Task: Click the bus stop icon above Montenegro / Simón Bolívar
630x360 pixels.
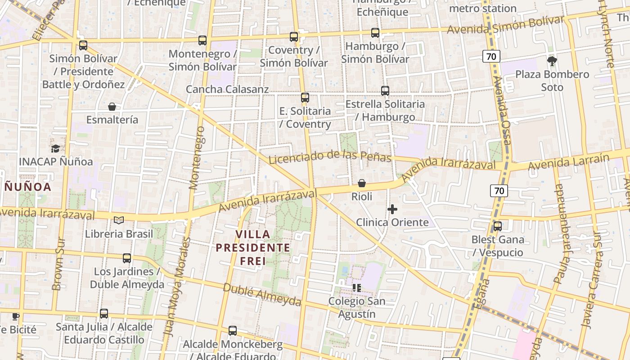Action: click(x=202, y=40)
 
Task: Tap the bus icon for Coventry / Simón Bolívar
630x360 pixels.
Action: click(x=294, y=37)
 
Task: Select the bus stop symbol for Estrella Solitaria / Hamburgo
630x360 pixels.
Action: click(x=385, y=91)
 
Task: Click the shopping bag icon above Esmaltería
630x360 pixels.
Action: click(x=112, y=107)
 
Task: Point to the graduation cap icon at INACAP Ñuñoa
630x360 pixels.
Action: click(x=56, y=148)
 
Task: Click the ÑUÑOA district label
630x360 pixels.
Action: click(x=28, y=186)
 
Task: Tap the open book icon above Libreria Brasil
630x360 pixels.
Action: click(x=119, y=220)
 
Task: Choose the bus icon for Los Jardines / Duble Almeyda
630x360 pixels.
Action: click(x=127, y=258)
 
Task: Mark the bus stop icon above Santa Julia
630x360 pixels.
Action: click(x=104, y=314)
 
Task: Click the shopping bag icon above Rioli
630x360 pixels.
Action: click(x=361, y=183)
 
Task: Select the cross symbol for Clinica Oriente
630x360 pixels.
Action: click(x=392, y=209)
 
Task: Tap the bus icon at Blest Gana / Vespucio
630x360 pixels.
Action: click(x=497, y=226)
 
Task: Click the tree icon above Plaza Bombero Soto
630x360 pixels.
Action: click(x=552, y=61)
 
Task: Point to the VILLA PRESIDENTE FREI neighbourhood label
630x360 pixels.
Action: click(x=252, y=247)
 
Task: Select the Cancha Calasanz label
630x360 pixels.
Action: click(x=227, y=89)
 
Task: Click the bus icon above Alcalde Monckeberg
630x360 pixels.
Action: click(x=233, y=331)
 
